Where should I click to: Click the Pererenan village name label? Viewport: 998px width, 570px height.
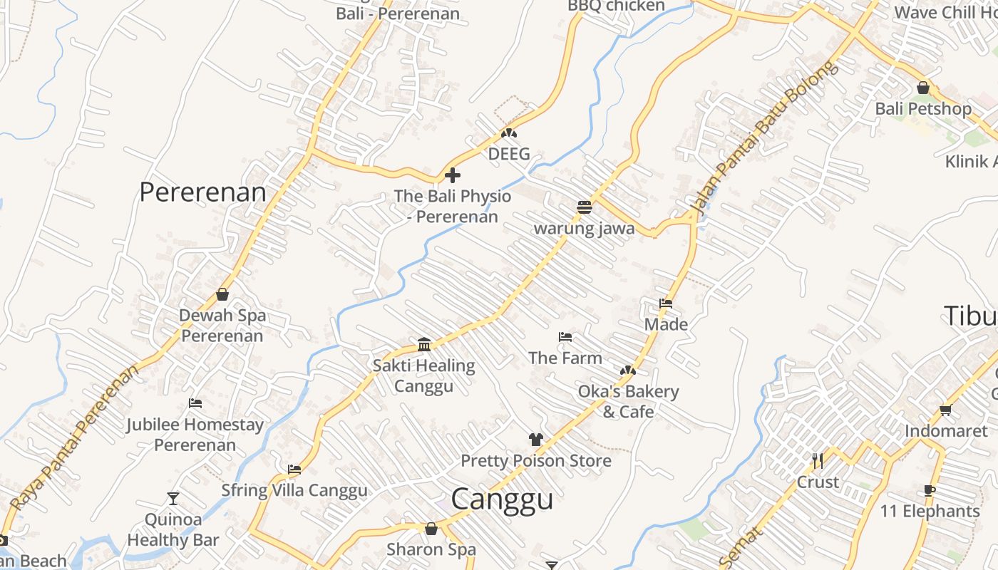click(x=202, y=192)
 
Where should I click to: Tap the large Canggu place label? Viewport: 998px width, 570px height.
click(x=502, y=499)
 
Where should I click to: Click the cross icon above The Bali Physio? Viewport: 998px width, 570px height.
click(x=453, y=175)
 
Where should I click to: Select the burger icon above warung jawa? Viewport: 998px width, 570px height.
click(x=585, y=207)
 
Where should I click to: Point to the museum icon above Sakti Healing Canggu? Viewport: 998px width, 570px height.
click(x=424, y=345)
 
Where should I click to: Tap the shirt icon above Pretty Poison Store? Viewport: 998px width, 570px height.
click(x=536, y=440)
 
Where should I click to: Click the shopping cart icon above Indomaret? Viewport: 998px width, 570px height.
click(x=945, y=410)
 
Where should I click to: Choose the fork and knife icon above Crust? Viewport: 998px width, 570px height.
click(x=818, y=461)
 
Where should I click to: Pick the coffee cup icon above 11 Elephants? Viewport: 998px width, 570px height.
click(x=929, y=490)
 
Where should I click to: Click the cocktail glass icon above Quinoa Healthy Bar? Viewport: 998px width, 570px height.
click(x=173, y=498)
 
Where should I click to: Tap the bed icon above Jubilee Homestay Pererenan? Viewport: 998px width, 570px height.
click(x=195, y=403)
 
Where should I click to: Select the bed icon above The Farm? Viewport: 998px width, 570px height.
click(x=565, y=336)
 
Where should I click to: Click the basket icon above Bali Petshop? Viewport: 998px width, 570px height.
click(x=923, y=88)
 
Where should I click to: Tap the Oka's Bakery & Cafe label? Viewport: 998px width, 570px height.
click(x=628, y=401)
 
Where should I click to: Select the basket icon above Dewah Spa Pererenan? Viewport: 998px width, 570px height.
click(x=222, y=294)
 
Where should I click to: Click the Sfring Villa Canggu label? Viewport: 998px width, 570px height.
click(x=294, y=490)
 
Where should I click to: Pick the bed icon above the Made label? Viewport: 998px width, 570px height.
click(x=666, y=304)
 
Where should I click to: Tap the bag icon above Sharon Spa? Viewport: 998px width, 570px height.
click(x=431, y=529)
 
